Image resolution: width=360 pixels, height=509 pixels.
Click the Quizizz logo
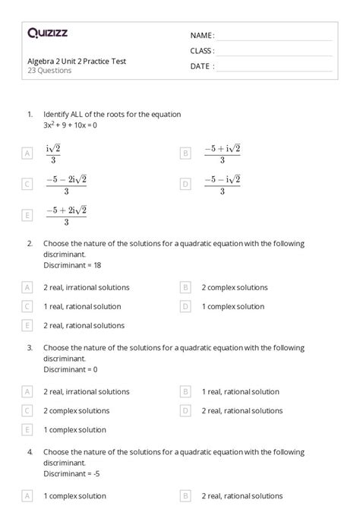point(47,33)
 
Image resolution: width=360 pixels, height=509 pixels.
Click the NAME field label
point(202,36)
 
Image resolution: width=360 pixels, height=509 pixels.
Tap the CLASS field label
point(202,51)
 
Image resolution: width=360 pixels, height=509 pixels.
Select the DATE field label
point(202,66)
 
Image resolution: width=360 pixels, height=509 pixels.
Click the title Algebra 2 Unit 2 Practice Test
point(77,61)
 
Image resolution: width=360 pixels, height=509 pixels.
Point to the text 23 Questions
point(49,71)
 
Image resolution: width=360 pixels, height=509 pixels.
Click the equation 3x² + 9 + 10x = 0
point(71,125)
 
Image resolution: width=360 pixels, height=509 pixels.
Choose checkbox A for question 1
point(28,153)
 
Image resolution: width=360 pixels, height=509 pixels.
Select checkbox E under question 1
point(28,216)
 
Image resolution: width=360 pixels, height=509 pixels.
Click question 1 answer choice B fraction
point(222,153)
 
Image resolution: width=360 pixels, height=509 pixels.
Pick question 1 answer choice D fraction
point(222,185)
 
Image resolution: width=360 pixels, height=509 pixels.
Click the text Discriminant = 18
point(71,265)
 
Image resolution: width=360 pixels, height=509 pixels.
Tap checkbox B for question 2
point(185,287)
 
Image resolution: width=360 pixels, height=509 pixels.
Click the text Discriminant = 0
point(69,369)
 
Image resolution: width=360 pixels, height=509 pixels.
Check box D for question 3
point(185,410)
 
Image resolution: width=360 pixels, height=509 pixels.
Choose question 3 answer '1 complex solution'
point(74,429)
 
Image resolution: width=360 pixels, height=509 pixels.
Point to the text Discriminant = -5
point(71,473)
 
